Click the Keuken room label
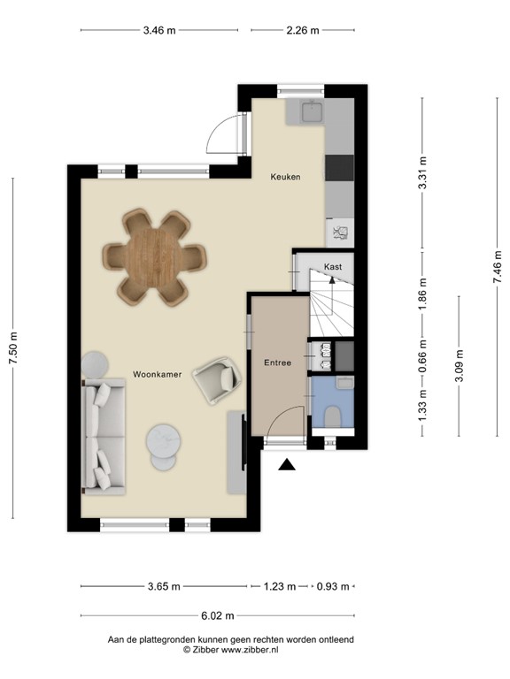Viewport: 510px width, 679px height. [x=285, y=177]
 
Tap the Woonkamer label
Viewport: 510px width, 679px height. [x=158, y=374]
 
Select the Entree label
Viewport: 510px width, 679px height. [x=277, y=362]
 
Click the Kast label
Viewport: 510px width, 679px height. [x=333, y=266]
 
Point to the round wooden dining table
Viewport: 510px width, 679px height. [x=155, y=256]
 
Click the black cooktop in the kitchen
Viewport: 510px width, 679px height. [x=340, y=167]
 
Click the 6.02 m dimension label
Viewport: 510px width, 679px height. [x=217, y=615]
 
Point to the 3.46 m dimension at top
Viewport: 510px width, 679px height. [x=159, y=30]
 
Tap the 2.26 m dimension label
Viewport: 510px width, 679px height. [x=303, y=30]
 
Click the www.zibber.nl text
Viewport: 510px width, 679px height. [x=249, y=650]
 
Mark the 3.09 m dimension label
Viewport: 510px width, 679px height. [x=459, y=364]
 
